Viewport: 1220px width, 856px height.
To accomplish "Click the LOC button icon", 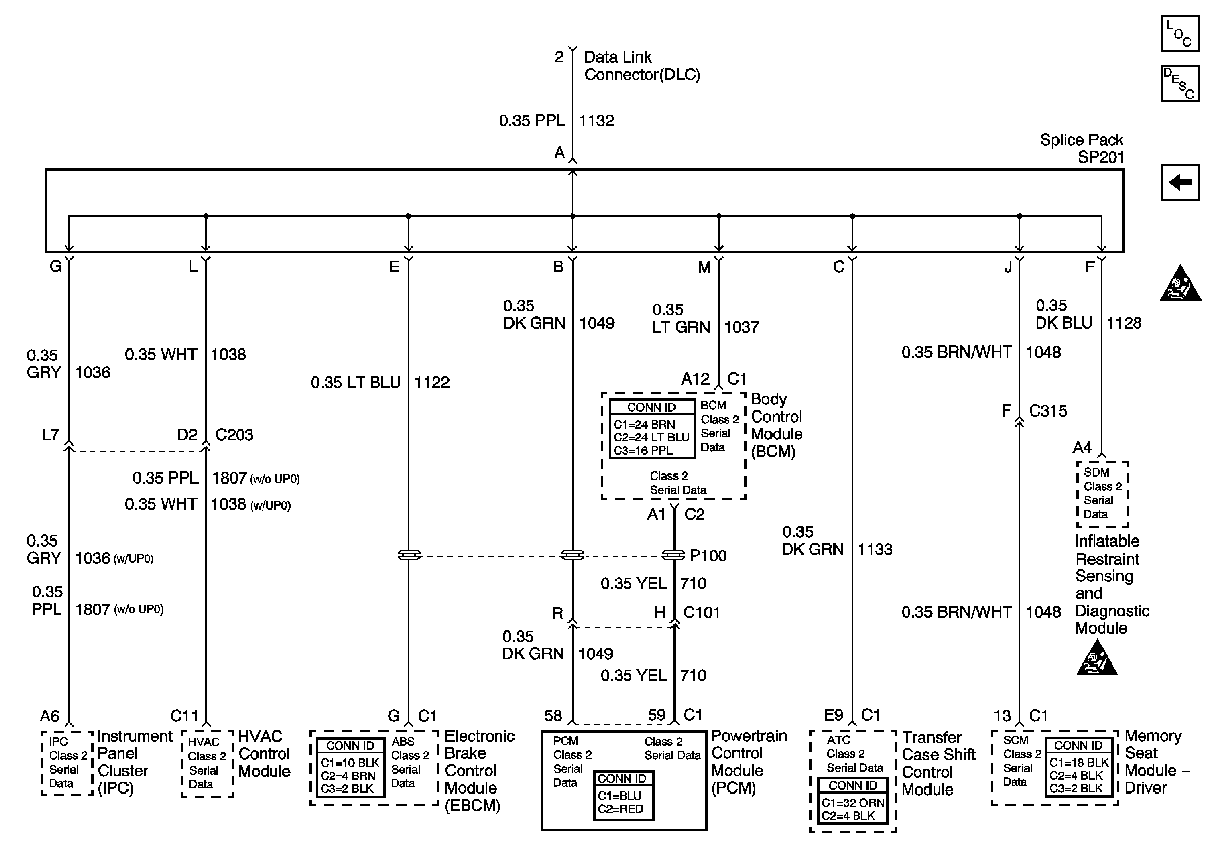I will (1179, 34).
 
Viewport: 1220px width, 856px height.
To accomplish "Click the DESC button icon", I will (1179, 83).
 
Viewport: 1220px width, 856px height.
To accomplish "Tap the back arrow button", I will (1179, 182).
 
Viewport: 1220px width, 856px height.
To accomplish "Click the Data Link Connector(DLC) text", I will (641, 66).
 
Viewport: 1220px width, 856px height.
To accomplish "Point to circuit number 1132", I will (596, 120).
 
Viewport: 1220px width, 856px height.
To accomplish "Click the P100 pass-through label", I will (708, 556).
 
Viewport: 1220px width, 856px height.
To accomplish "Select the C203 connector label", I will (234, 435).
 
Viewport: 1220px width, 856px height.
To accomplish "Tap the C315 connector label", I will (1047, 411).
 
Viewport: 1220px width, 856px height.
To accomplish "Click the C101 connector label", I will (701, 613).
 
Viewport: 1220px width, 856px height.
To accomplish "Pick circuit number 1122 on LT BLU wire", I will (431, 383).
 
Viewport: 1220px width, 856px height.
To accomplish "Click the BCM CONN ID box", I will (652, 429).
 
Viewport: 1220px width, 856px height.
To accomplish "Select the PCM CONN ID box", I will (623, 796).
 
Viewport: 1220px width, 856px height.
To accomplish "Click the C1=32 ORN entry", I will (852, 803).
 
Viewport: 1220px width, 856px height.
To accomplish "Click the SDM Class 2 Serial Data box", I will (1102, 494).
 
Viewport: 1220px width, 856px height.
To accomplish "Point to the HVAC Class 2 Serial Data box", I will (207, 763).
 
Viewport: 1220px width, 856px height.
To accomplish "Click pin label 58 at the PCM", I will (553, 716).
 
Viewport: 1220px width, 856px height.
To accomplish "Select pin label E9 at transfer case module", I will (833, 716).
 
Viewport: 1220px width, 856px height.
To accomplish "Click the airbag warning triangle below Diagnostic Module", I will (1096, 659).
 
